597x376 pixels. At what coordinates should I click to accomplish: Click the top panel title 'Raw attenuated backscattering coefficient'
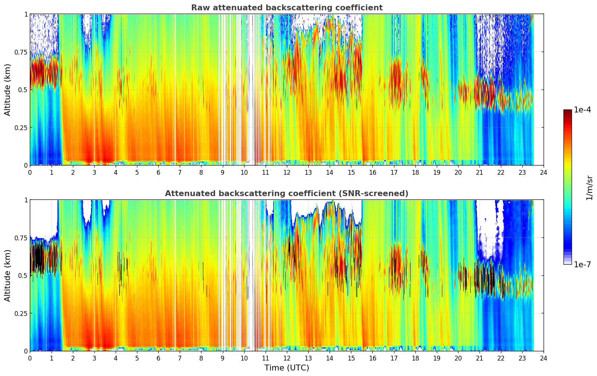click(x=287, y=8)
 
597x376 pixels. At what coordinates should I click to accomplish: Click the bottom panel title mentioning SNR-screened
click(x=287, y=194)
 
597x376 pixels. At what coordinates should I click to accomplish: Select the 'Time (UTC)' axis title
click(x=287, y=368)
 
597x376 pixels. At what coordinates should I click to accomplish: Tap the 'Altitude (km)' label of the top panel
click(x=8, y=90)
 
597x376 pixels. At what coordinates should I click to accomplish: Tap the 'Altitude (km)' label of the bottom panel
click(x=8, y=275)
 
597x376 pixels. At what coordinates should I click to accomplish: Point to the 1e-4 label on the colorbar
click(x=583, y=110)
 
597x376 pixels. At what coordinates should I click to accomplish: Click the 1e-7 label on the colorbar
click(x=583, y=264)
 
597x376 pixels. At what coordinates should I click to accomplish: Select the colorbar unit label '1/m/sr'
click(x=589, y=187)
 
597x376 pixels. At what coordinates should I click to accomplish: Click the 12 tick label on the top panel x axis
click(x=287, y=172)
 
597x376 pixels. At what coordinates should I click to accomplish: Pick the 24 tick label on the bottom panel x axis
click(x=544, y=358)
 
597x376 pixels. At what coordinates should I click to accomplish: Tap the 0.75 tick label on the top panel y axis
click(x=21, y=52)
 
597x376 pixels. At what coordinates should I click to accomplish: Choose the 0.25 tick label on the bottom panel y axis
click(x=21, y=313)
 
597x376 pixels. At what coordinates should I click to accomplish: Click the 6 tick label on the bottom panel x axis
click(x=158, y=358)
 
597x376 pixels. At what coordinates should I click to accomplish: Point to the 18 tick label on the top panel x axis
click(x=415, y=172)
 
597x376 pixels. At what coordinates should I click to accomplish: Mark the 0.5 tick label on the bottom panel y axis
click(x=23, y=275)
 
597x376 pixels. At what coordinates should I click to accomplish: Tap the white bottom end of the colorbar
click(x=568, y=263)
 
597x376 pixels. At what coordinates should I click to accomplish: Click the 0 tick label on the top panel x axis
click(x=30, y=172)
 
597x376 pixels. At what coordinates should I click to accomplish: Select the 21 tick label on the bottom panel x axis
click(x=479, y=358)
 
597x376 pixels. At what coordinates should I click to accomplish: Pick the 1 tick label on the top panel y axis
click(x=26, y=14)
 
